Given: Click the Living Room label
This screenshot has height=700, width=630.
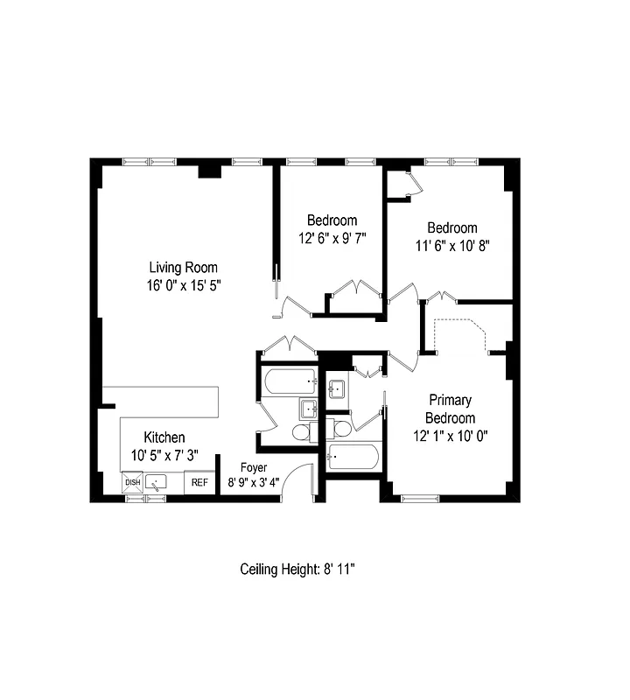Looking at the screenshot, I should click(183, 268).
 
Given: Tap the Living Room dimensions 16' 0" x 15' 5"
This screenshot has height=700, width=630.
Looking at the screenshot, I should click(183, 284).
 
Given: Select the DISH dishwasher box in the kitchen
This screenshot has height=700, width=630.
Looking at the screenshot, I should click(132, 482).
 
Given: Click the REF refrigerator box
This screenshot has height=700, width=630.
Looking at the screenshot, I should click(199, 482).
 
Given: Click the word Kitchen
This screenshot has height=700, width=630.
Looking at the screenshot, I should click(164, 437).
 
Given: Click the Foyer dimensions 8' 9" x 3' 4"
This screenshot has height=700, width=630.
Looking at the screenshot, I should click(254, 482).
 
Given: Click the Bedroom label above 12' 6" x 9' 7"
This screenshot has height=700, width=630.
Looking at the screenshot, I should click(332, 220).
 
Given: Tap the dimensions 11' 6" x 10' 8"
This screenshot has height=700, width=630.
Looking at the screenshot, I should click(451, 246).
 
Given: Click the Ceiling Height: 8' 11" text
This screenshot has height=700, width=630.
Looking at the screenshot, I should click(297, 570).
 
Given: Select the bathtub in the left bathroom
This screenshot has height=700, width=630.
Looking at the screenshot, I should click(290, 381).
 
